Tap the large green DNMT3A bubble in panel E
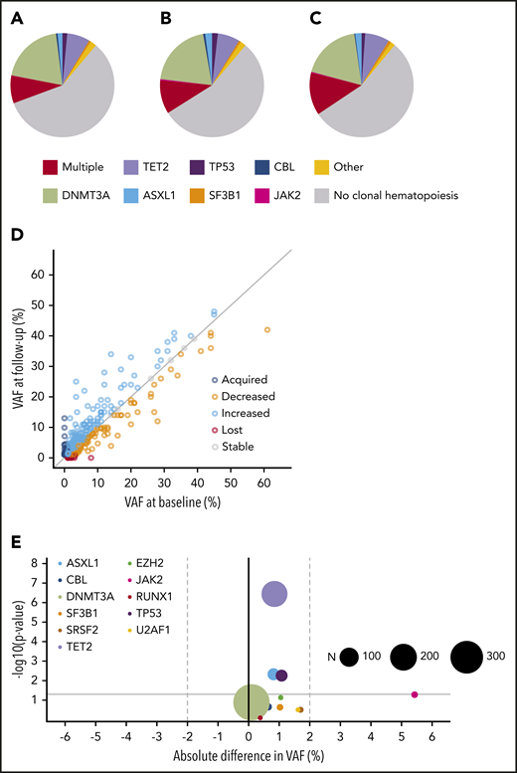point(249,702)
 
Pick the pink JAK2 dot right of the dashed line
point(415,694)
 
